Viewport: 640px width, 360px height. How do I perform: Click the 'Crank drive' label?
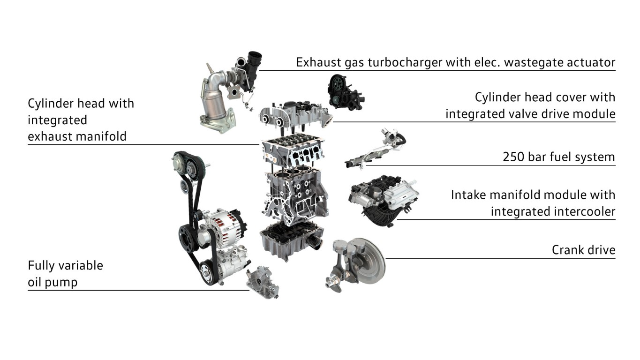click(x=583, y=250)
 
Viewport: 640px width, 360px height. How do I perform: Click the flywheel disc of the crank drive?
click(x=369, y=261)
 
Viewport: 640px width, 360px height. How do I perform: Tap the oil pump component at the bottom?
click(x=262, y=283)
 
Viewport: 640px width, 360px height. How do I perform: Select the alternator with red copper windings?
click(x=226, y=229)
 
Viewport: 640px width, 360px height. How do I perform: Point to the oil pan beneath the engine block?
click(x=290, y=240)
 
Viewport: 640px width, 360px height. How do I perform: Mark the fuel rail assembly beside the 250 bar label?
click(x=374, y=149)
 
